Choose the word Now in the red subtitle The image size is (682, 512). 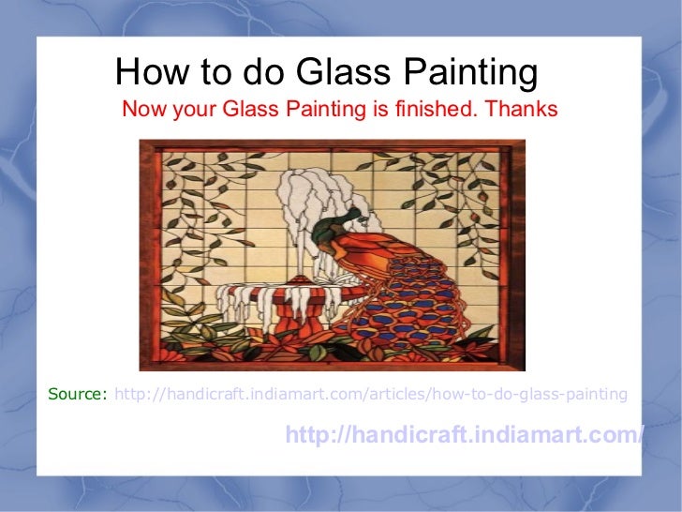tap(141, 110)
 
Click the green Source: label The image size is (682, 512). tap(78, 394)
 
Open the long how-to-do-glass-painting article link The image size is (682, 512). tap(371, 394)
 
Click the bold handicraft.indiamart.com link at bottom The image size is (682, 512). tap(465, 435)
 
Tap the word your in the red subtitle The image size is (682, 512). tap(190, 110)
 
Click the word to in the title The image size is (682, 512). tap(215, 72)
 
